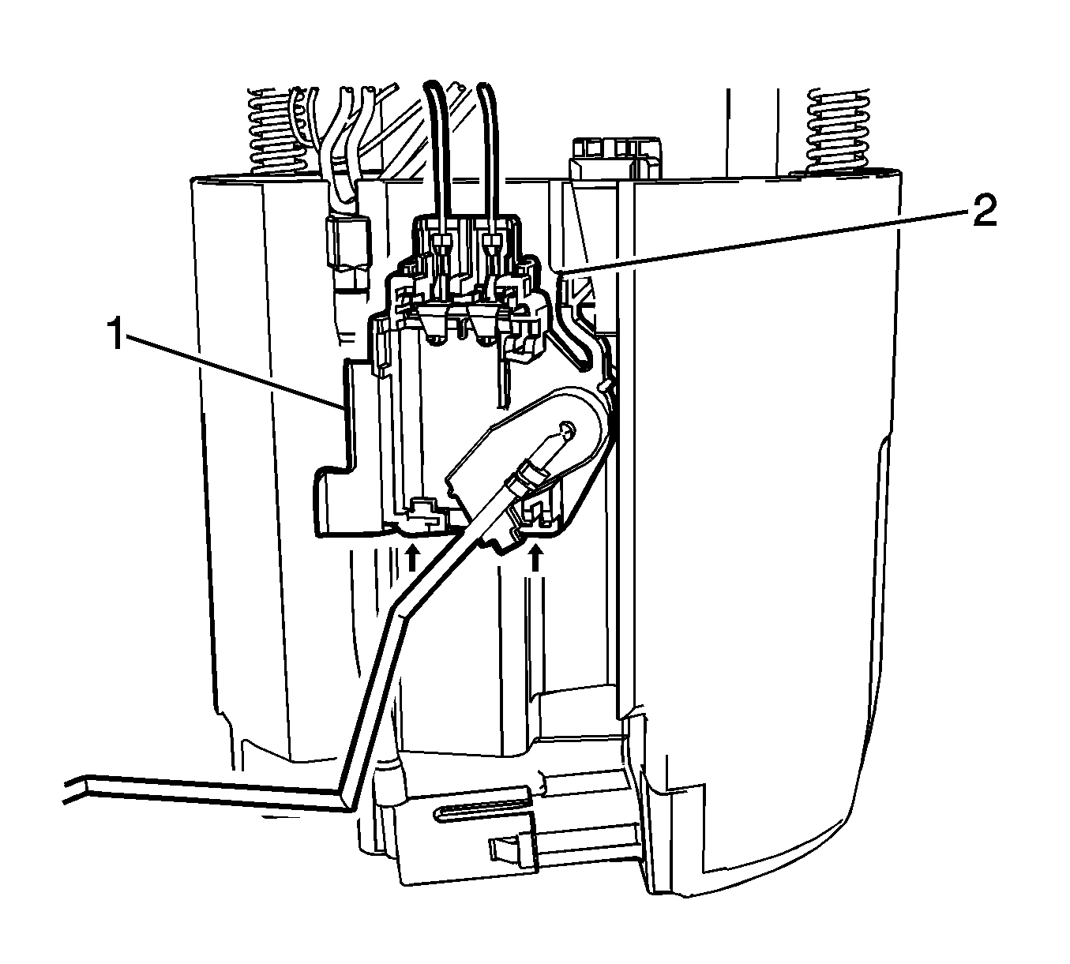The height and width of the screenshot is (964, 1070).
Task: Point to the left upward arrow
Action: coord(411,557)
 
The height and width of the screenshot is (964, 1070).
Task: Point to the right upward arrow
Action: coord(536,559)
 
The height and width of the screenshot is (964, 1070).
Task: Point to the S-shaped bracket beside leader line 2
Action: coord(573,332)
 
